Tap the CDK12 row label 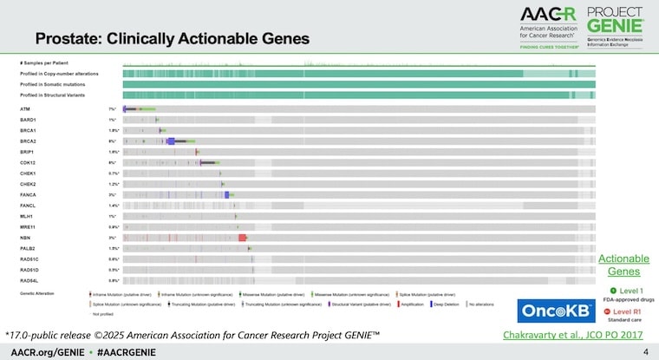click(x=28, y=162)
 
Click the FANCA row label click(x=28, y=194)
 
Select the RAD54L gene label click(x=29, y=280)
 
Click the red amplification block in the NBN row click(x=243, y=237)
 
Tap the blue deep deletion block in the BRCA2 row click(x=171, y=141)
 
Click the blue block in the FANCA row click(x=227, y=194)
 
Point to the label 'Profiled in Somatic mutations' click(x=57, y=83)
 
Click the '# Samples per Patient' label click(x=45, y=64)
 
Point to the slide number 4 click(x=645, y=351)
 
